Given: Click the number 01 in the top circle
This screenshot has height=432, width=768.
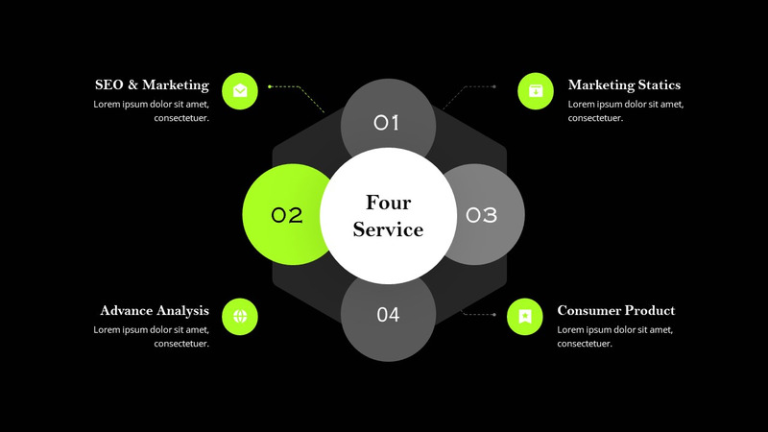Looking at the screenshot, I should click(387, 123).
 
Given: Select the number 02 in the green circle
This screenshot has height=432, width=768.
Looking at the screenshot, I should click(287, 215).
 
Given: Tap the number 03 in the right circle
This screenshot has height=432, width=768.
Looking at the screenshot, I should click(482, 215).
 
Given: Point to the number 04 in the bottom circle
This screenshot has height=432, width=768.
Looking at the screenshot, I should click(388, 315).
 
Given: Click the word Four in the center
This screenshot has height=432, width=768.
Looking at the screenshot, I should click(388, 203).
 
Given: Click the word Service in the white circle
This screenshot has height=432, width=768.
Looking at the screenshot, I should click(388, 230).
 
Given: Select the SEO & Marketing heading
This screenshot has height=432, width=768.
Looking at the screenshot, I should click(152, 85).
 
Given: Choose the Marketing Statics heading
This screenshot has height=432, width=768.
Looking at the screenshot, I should click(624, 85).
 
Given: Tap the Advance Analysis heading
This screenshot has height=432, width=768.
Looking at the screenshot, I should click(155, 311).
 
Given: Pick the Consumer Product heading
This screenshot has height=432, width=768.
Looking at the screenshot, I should click(615, 311).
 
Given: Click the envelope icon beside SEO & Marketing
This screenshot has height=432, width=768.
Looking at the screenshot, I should click(240, 91).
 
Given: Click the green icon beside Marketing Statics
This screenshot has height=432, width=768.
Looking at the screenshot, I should click(536, 91).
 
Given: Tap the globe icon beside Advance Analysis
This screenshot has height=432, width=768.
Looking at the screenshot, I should click(240, 315).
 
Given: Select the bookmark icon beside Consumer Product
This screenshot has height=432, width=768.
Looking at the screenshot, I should click(525, 315).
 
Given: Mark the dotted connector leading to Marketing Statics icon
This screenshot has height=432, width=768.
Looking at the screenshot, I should click(470, 89).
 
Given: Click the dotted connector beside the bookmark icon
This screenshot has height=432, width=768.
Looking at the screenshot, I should click(480, 314).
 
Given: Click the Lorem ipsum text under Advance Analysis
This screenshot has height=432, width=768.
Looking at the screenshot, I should click(151, 329).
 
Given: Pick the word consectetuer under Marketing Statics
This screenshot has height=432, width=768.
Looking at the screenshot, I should click(596, 118).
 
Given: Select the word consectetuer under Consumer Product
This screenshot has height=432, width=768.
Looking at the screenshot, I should click(585, 344).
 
